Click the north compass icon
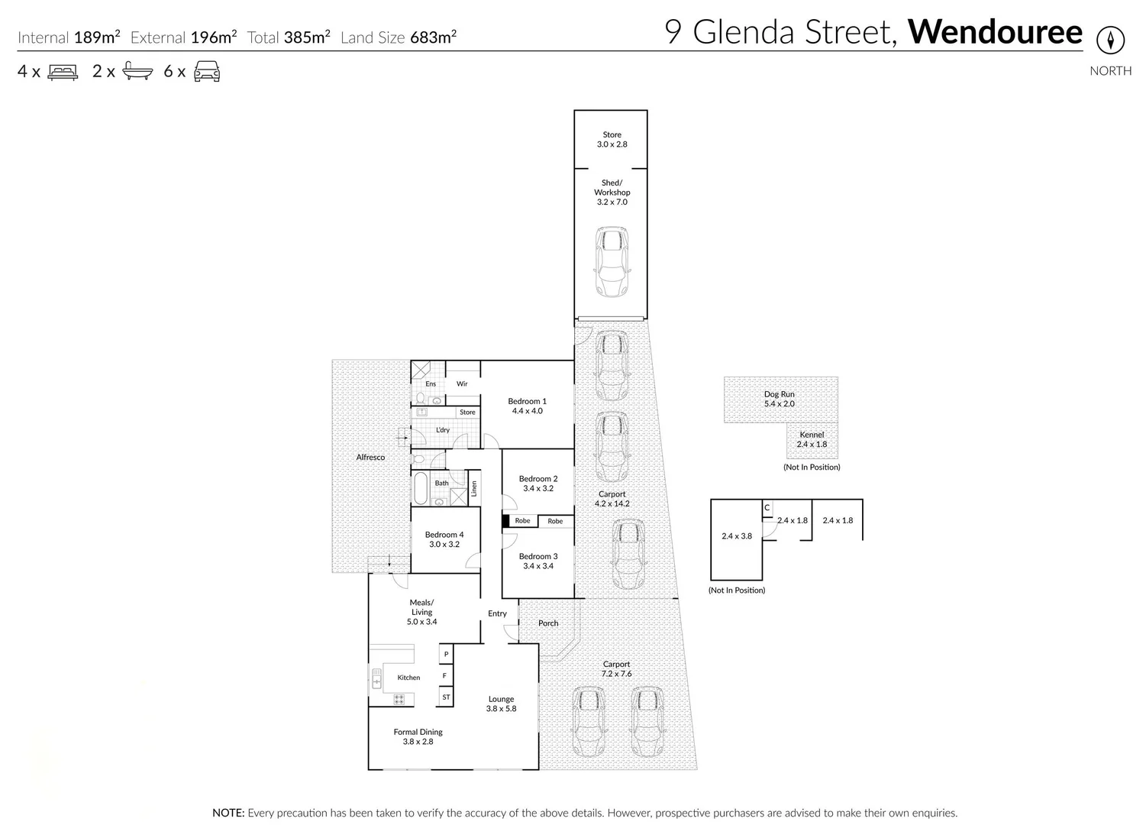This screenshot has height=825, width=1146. [1110, 40]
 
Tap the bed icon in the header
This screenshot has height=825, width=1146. [63, 72]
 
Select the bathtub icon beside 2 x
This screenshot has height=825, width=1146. [137, 72]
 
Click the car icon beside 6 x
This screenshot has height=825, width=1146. [207, 72]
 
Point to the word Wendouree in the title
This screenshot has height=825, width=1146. [995, 32]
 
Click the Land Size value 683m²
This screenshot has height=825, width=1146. [433, 37]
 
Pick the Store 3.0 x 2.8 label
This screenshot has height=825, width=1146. [612, 140]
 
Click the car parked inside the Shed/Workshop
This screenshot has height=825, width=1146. [611, 261]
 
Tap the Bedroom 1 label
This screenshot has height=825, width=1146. [527, 406]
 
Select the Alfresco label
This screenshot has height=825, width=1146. [370, 457]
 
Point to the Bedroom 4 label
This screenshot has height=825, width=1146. [444, 539]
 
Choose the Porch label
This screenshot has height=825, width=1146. [548, 623]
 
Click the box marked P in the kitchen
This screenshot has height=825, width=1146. [446, 655]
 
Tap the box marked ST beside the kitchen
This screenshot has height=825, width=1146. [446, 697]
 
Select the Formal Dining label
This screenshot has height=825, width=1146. [418, 736]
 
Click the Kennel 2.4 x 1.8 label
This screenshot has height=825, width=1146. [812, 439]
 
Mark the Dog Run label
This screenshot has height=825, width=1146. [779, 399]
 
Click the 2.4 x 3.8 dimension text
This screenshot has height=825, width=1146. [736, 536]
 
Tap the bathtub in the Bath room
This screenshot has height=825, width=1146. [421, 488]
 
